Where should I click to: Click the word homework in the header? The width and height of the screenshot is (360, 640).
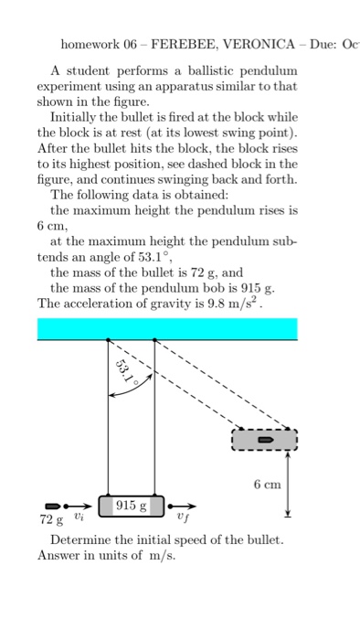[x=89, y=43]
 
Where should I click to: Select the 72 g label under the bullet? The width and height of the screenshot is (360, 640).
[x=51, y=520]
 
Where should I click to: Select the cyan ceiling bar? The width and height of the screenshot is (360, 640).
[x=167, y=328]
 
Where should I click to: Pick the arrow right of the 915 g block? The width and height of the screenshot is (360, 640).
[x=182, y=505]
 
